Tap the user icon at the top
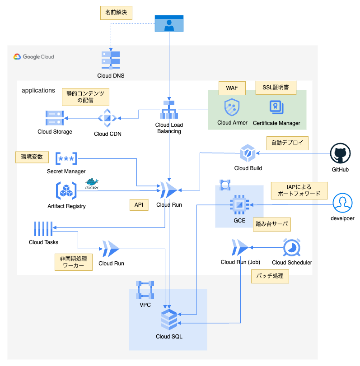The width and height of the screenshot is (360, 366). point(169,23)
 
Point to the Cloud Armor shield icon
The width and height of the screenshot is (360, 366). point(232,108)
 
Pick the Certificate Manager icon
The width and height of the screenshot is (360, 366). point(276,108)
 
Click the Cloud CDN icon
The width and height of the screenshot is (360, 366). point(108,118)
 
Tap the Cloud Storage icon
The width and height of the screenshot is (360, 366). point(55,118)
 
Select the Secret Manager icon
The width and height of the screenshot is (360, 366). point(66,158)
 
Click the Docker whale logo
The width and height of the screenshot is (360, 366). point(92,183)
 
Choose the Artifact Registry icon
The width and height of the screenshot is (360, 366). point(66,191)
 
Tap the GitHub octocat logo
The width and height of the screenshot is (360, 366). point(340,154)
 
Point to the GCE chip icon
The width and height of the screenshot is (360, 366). point(239,205)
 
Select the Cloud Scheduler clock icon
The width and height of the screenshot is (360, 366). point(292,248)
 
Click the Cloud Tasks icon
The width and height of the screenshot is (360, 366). point(43,229)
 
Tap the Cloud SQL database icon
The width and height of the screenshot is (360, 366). point(169,320)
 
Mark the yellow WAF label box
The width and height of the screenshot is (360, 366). point(232,88)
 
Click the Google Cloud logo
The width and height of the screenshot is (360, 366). point(34,57)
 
